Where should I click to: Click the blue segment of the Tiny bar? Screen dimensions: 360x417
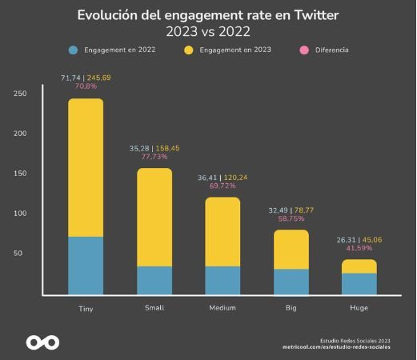pos(86,266)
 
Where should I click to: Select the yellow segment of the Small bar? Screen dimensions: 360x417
pos(154,217)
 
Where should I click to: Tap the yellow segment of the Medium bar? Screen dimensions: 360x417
pos(223,231)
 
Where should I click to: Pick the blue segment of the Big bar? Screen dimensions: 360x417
pos(291,282)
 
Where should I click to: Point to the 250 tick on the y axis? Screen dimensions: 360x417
pos(21,94)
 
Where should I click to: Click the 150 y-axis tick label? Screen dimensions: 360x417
pos(21,174)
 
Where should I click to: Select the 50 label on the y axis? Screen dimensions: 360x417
pos(23,254)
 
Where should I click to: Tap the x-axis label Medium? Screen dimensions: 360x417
pos(222,308)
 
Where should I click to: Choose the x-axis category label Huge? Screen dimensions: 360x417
pos(359,308)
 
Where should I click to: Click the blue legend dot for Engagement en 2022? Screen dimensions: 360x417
pos(74,50)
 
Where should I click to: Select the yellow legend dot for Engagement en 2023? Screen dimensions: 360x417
pos(189,50)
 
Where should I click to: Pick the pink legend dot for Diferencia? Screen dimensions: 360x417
pos(305,50)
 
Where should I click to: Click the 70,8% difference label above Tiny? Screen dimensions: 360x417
pos(85,86)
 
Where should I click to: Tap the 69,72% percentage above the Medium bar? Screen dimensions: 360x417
pos(223,185)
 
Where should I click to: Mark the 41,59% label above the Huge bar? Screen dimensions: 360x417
pos(359,247)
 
